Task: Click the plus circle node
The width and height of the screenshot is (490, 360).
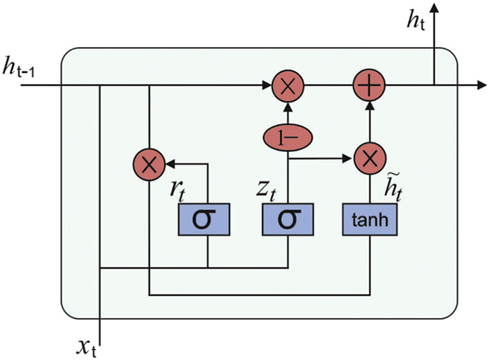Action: pos(368,86)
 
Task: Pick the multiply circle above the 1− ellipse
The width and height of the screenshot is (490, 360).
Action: pos(287,86)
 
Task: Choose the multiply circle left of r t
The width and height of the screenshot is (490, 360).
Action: pos(148,164)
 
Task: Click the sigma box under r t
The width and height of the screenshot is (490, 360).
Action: pos(208,220)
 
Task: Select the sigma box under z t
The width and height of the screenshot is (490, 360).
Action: pos(288,220)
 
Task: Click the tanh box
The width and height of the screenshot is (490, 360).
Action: pos(368,220)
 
